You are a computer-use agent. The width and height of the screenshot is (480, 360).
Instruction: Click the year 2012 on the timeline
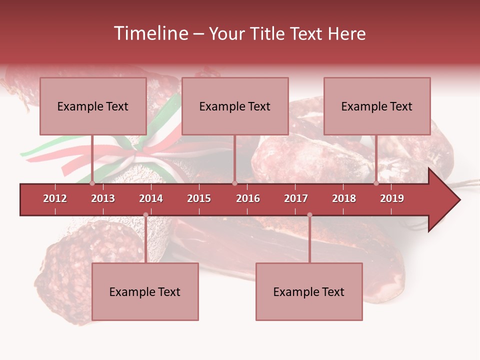point(55,198)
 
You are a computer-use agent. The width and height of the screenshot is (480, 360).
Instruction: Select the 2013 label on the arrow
point(103,198)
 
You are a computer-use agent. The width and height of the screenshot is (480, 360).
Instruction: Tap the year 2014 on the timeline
point(151,198)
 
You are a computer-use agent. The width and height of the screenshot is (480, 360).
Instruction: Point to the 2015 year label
point(199,198)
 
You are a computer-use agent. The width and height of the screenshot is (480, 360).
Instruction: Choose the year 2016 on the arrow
point(248,198)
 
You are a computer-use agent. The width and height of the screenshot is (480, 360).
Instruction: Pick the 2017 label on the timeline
point(296,198)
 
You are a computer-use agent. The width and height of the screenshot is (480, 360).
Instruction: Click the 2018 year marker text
point(344,198)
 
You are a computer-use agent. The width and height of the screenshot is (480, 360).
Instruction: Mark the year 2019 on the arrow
point(392,198)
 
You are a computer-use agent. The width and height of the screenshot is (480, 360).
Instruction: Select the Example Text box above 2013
point(93,106)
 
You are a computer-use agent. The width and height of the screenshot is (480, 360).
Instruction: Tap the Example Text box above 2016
point(235,106)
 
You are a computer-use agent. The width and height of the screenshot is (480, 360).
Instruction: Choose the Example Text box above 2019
point(377,106)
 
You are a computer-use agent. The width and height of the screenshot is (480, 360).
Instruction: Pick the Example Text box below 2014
point(145,291)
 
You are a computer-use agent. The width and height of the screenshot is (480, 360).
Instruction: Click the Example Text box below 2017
point(309,291)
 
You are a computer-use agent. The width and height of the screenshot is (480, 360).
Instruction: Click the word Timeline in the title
point(149,33)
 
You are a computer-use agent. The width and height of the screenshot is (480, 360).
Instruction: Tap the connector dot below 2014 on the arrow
point(145,215)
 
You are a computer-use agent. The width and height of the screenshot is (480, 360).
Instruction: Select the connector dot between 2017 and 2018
point(309,215)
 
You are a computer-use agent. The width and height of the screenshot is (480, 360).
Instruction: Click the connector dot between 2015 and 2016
point(235,183)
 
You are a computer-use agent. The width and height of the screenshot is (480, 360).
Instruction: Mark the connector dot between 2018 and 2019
point(376,183)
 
